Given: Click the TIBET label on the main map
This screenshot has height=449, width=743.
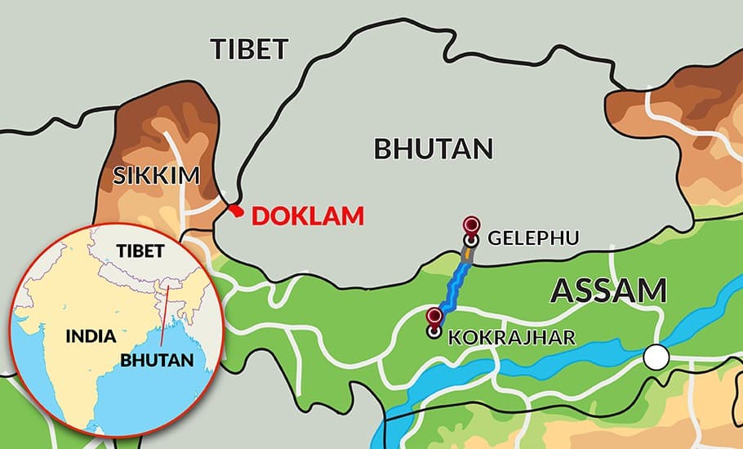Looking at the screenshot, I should [250, 49].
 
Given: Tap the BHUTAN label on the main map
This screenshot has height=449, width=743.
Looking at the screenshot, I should [434, 149].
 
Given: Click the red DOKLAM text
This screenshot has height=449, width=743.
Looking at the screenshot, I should [307, 216].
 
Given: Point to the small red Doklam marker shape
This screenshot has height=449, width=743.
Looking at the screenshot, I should [237, 211].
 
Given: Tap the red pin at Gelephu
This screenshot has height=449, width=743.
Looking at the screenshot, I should [471, 225].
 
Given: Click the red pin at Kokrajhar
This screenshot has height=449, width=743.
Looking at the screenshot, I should [434, 317].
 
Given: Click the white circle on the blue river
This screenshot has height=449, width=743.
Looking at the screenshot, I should [655, 357].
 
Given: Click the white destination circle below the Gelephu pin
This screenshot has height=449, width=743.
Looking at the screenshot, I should [471, 241].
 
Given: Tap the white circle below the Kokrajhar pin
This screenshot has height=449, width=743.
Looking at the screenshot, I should [434, 331].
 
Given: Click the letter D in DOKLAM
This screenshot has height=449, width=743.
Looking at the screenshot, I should [260, 216].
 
